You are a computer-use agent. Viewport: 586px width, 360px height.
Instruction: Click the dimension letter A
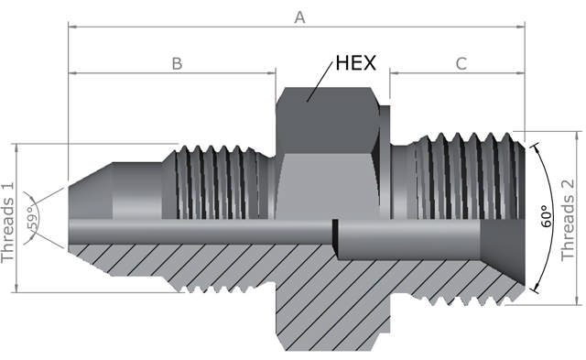pos(299,17)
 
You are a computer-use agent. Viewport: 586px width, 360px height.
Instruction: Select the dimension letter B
pos(177,63)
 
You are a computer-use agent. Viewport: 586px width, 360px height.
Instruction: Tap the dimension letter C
pos(461,63)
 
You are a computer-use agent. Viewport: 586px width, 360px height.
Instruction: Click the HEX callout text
pos(355,62)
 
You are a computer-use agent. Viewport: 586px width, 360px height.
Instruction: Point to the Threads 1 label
pos(7,223)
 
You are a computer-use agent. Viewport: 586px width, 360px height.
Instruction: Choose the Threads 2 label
pos(568,220)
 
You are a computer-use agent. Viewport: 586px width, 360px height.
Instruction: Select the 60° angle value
pos(547,216)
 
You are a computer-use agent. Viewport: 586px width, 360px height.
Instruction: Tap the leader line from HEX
pos(320,82)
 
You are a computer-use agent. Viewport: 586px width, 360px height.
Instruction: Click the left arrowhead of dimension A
pos(72,27)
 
